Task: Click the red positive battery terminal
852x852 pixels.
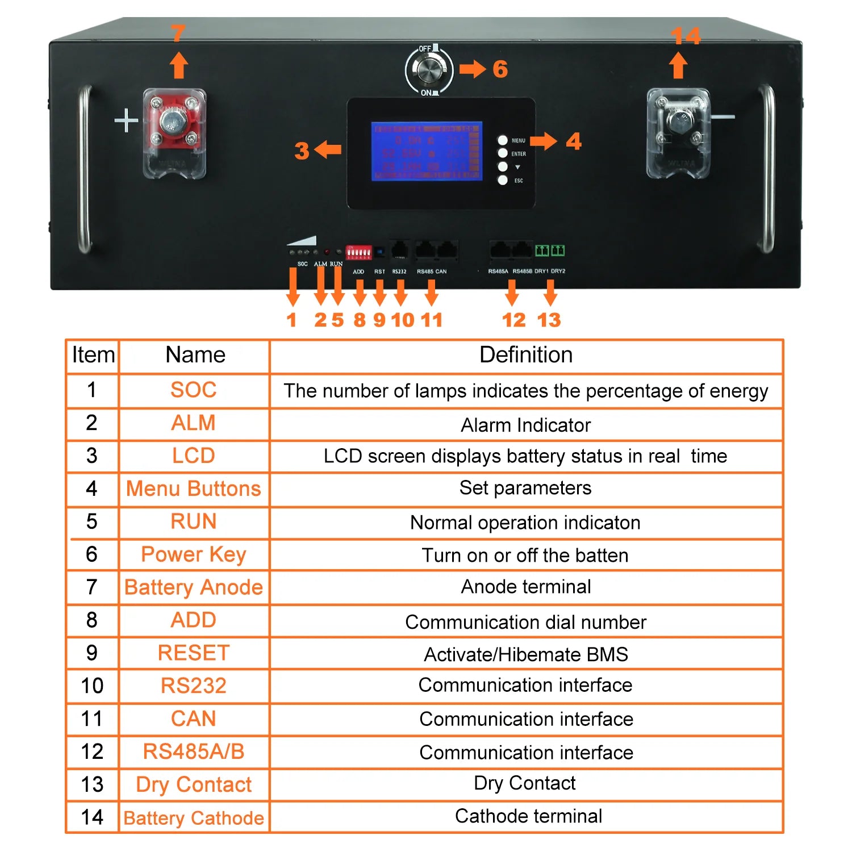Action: point(173,123)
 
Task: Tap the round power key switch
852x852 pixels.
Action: point(429,70)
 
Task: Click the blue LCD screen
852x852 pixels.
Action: point(426,151)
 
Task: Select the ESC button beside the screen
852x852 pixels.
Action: point(503,181)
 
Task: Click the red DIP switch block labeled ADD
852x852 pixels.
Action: point(359,252)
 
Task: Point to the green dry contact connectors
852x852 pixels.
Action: point(550,250)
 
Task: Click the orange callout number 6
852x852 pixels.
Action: point(500,69)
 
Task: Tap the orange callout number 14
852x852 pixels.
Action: point(685,36)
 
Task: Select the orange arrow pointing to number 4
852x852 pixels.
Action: point(543,141)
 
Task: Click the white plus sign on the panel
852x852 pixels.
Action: point(126,121)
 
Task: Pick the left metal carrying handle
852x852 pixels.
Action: point(84,169)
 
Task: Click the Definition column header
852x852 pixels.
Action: point(526,355)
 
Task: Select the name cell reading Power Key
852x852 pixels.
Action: point(194,554)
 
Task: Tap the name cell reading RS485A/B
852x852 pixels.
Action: point(194,751)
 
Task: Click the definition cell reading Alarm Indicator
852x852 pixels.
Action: point(526,425)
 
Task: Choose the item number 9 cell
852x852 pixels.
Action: point(91,653)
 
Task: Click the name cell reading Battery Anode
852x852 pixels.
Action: point(194,587)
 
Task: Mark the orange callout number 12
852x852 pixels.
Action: point(513,320)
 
